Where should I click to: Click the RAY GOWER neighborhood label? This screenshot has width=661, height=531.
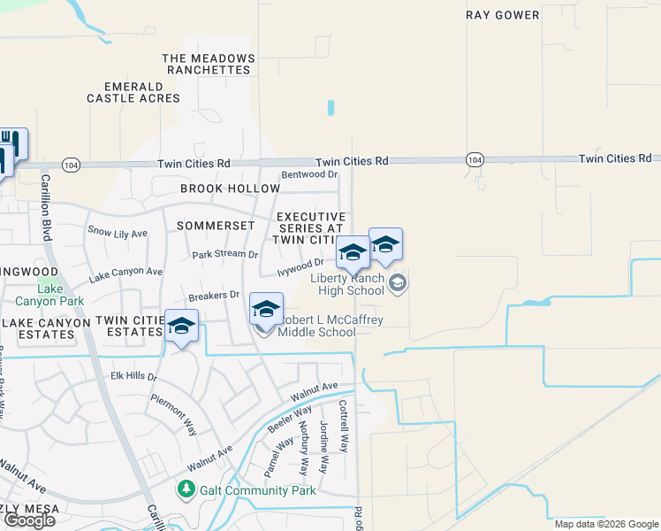[502, 15]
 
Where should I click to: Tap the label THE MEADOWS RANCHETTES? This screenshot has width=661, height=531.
[209, 64]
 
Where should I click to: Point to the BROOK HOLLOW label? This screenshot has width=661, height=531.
[217, 189]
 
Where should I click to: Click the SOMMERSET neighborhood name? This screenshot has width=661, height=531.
[216, 226]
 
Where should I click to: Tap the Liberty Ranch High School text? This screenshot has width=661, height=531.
[346, 284]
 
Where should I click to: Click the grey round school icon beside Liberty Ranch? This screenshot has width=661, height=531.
[398, 283]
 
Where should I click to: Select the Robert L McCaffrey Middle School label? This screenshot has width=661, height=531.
[330, 326]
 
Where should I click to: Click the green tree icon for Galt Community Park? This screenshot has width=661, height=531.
[186, 489]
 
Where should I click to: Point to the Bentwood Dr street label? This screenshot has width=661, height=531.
[310, 175]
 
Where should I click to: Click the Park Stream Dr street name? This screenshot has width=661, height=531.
[225, 255]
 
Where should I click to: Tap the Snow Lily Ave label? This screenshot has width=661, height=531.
[118, 232]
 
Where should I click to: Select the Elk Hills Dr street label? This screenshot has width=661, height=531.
[133, 376]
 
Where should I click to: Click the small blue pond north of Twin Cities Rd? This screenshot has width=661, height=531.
[330, 108]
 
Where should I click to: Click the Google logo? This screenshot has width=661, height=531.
[29, 519]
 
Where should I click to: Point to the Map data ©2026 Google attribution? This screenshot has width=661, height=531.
[606, 524]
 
